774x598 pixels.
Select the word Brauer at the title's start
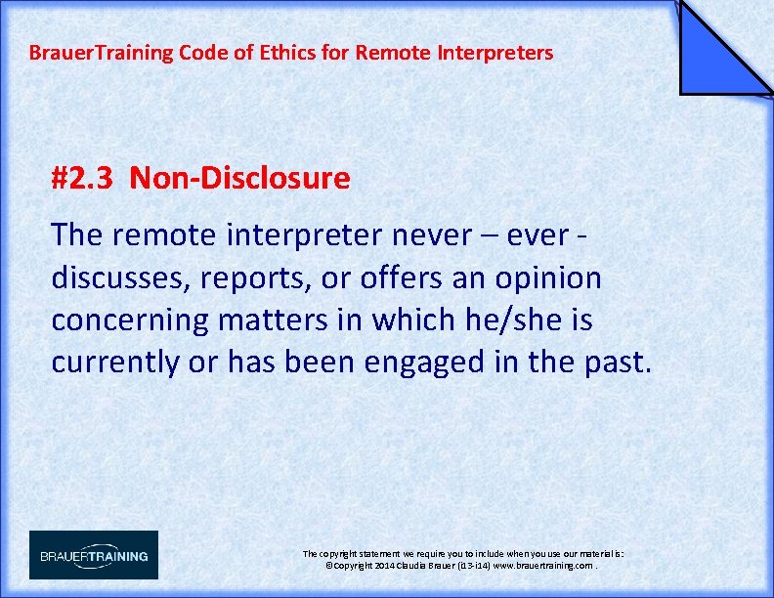click(58, 53)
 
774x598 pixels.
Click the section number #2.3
click(85, 179)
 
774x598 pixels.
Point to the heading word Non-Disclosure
click(239, 179)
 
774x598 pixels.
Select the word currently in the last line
click(115, 362)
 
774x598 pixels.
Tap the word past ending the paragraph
click(615, 362)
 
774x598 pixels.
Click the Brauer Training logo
click(94, 555)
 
